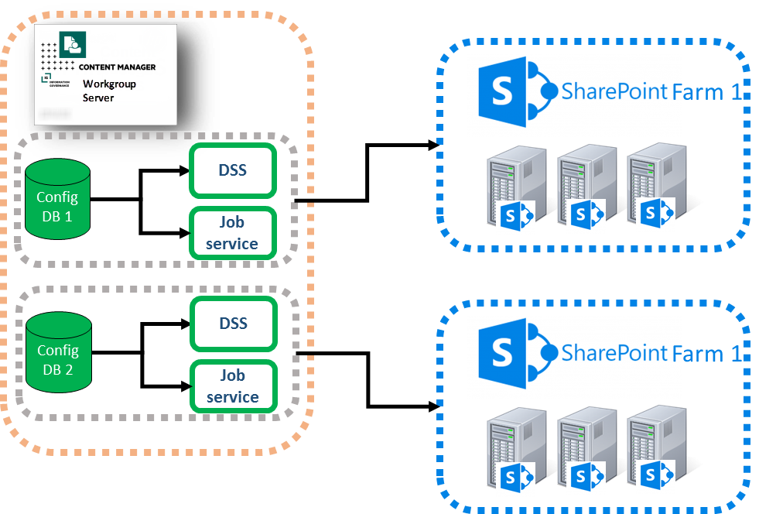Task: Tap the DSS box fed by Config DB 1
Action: coord(232,170)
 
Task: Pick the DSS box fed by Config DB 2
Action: coord(232,323)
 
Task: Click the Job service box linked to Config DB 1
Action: coord(232,233)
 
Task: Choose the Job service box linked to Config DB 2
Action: coord(232,386)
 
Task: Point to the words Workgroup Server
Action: coord(109,91)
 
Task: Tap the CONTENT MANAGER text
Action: coord(117,67)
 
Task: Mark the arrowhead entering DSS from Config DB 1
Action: coord(185,171)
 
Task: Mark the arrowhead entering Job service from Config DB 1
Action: coord(185,231)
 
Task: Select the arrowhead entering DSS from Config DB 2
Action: coord(185,324)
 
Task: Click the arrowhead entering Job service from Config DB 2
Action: coord(185,385)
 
